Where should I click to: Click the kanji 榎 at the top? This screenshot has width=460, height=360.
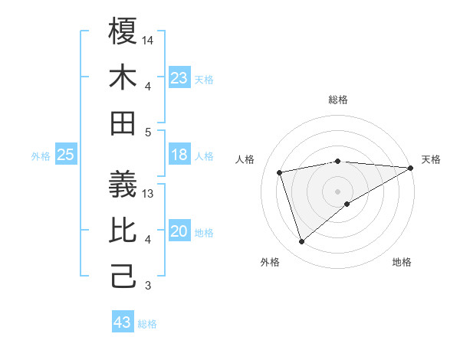(123, 31)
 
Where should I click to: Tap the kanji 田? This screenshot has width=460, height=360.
(123, 123)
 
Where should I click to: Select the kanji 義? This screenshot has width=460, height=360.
(123, 185)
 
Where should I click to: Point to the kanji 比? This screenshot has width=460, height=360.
(123, 231)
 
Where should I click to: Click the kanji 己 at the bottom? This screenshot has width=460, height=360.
(123, 277)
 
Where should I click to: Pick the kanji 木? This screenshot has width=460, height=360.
(123, 77)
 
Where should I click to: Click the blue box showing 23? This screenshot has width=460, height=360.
(179, 78)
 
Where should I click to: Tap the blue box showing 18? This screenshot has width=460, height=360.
(179, 155)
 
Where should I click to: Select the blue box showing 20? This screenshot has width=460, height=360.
(179, 231)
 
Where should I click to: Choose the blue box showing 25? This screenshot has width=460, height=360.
(66, 155)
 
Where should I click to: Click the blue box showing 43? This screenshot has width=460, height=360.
(122, 322)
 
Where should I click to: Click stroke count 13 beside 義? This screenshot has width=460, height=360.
(149, 194)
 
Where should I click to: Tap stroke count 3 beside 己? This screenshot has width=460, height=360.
(149, 286)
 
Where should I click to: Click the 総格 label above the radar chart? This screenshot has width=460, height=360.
(338, 100)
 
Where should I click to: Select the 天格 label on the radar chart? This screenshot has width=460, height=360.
(431, 159)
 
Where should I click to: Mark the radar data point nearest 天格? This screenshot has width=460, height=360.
(411, 168)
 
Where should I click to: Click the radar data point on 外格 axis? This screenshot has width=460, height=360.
(301, 242)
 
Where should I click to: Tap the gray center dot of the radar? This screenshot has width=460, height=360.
(337, 191)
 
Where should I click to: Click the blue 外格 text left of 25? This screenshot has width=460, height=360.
(41, 156)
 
